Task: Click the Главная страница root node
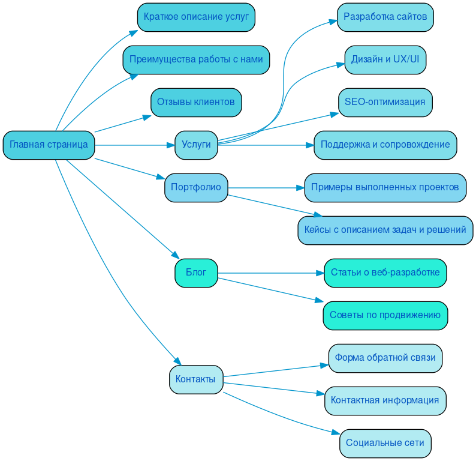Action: (49, 145)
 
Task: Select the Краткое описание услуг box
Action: (196, 17)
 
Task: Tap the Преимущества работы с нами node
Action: (196, 59)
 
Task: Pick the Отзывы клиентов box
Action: (196, 102)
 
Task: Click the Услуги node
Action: (196, 145)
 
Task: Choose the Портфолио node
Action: (196, 187)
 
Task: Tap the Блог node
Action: (196, 273)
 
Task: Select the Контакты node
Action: (196, 379)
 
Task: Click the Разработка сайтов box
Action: (385, 17)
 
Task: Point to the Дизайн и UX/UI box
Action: (385, 59)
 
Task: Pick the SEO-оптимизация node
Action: (385, 102)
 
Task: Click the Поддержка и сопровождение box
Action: (385, 145)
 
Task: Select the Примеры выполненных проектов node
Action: (385, 187)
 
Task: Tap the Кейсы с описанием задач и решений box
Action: (385, 230)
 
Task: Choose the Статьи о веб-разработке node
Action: (385, 273)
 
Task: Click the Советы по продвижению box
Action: (385, 315)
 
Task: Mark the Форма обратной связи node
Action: (385, 358)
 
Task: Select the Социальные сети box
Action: (385, 443)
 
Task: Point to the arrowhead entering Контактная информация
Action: (321, 394)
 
